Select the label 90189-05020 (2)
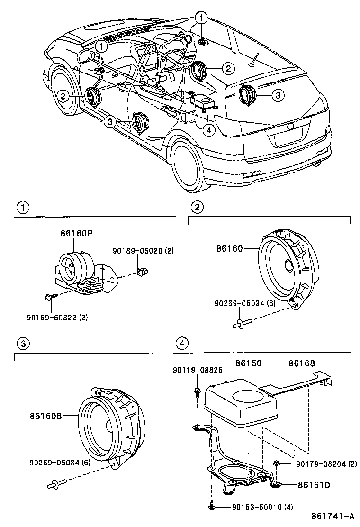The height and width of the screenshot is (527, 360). (143, 251)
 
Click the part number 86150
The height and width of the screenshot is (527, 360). (249, 363)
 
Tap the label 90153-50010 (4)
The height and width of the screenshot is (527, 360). (262, 508)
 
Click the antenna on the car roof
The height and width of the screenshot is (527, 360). (255, 60)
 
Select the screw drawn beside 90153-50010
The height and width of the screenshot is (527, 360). (211, 508)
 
